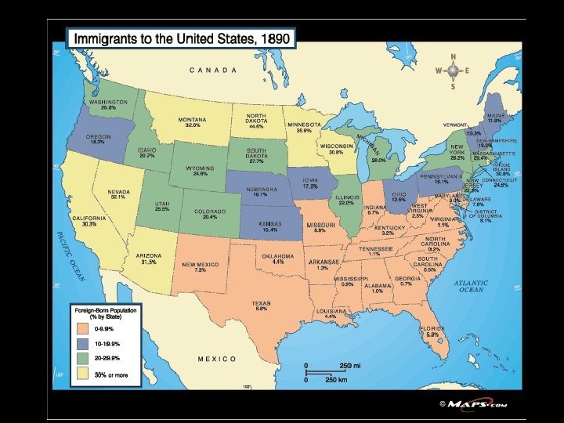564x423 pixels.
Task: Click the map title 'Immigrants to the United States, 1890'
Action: (x=181, y=38)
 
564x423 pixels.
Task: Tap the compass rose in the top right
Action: (x=453, y=71)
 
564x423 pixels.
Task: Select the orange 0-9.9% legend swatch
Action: (x=83, y=330)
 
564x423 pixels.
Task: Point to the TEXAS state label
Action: (x=261, y=302)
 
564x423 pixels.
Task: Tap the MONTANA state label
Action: (x=192, y=119)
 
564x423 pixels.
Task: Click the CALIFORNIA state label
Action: (x=84, y=219)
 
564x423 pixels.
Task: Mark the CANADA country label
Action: (x=213, y=70)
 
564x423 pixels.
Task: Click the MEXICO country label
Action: (x=217, y=359)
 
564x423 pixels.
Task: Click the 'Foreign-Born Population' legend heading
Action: (x=99, y=312)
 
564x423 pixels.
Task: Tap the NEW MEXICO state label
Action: (x=200, y=265)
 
